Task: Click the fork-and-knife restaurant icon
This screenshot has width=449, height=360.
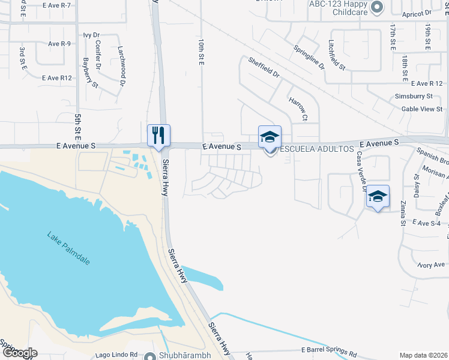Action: pos(159,134)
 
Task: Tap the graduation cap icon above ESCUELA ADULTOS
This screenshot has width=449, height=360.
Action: pos(270,136)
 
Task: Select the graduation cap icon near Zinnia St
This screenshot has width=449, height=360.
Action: pos(378,196)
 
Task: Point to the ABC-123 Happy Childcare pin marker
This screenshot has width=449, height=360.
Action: pos(377,8)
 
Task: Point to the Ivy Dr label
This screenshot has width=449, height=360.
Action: pos(91,35)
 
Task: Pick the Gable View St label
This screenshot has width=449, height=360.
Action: pos(422,109)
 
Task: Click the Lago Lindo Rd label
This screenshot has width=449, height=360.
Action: pos(116,355)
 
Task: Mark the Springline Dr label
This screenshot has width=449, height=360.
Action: pos(308,57)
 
